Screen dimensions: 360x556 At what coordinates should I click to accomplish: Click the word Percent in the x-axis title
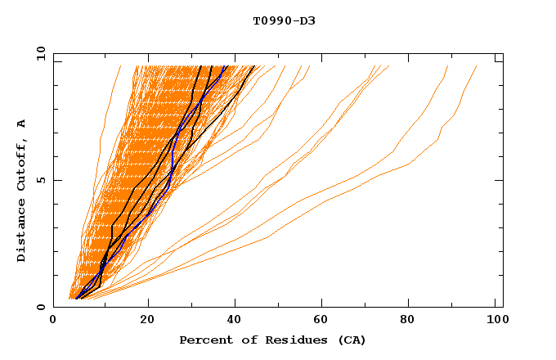pyautogui.click(x=204, y=340)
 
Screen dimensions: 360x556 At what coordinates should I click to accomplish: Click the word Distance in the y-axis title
pyautogui.click(x=22, y=232)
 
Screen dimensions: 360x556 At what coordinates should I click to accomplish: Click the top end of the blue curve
pyautogui.click(x=226, y=66)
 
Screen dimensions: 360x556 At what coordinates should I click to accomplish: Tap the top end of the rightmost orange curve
pyautogui.click(x=477, y=66)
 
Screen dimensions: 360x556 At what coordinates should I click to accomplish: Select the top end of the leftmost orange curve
pyautogui.click(x=120, y=66)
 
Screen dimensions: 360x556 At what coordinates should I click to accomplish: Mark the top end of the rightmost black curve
pyautogui.click(x=254, y=66)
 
